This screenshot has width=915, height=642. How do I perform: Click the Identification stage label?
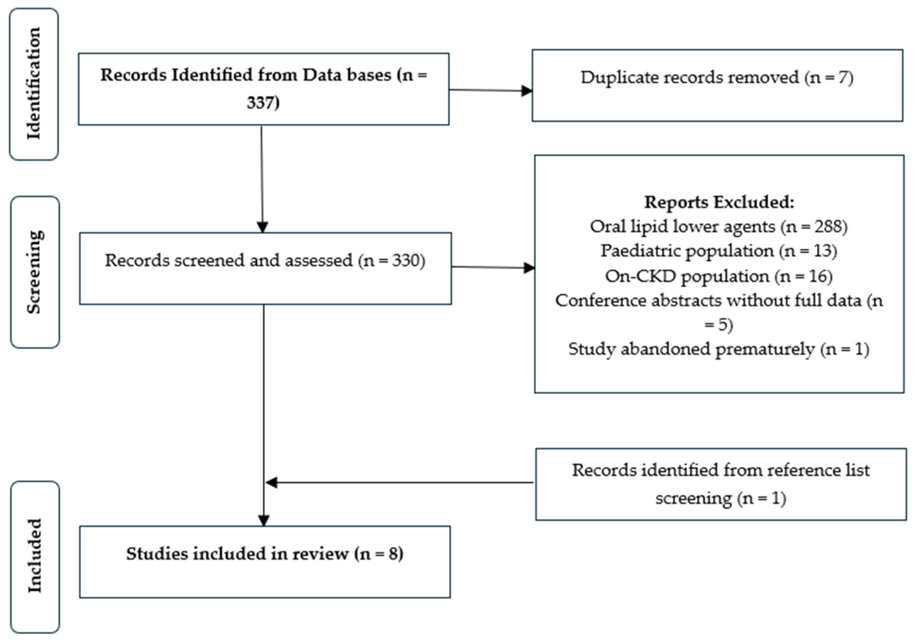pos(34,84)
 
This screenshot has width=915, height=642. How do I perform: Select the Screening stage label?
pos(35,272)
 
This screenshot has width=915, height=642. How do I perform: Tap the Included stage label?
pos(35,555)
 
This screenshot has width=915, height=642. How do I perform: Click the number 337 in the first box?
pos(263,102)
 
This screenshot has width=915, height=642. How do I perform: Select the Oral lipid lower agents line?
pos(718,226)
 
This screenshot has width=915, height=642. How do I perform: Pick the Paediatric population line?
pos(718,251)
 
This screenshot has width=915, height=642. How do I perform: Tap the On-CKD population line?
pos(718,276)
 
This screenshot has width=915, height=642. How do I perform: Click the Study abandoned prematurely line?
pos(718,349)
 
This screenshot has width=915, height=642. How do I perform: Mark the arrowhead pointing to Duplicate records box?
pos(527,91)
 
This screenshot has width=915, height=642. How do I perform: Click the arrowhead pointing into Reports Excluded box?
pos(529,268)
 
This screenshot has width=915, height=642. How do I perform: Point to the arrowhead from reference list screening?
pos(271,482)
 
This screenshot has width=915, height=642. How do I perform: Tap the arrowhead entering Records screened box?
pos(262,227)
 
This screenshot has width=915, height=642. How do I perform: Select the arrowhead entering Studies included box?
pos(264,521)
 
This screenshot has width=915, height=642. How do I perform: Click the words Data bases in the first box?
pos(347,75)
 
